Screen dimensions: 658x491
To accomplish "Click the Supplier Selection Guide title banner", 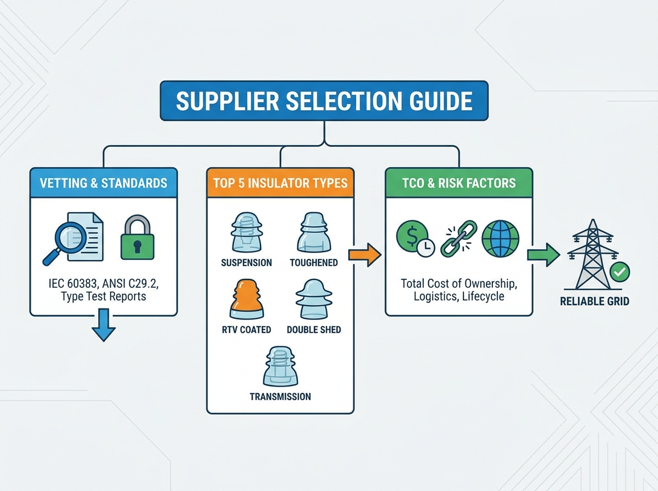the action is coord(324,101).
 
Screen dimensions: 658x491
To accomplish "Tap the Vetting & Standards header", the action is coord(104,182).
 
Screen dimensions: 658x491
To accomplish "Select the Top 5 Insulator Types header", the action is coord(280,182).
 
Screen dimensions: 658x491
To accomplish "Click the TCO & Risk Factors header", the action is coord(459,182).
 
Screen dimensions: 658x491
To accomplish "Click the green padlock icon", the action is coord(137,237).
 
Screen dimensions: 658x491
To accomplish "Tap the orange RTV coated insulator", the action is coord(247,299).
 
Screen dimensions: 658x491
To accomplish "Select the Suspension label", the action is coord(246,262).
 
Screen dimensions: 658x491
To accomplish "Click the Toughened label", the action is coord(314,262).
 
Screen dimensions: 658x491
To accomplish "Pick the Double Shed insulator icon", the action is coord(314,299).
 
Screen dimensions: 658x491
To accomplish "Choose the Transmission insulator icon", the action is coord(280,367).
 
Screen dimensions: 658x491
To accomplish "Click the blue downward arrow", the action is coord(104,325).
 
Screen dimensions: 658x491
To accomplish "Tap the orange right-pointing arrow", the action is coord(365,255).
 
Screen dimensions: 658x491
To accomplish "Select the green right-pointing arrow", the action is coord(543,255).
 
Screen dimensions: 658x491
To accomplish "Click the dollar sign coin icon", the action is coord(415,238).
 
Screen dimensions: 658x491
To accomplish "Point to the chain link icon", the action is coord(458,239).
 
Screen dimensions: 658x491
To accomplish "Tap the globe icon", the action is coord(500,239).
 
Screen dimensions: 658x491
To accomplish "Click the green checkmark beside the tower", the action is coord(620,272).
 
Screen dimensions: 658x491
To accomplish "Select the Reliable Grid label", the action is coord(594,301).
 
